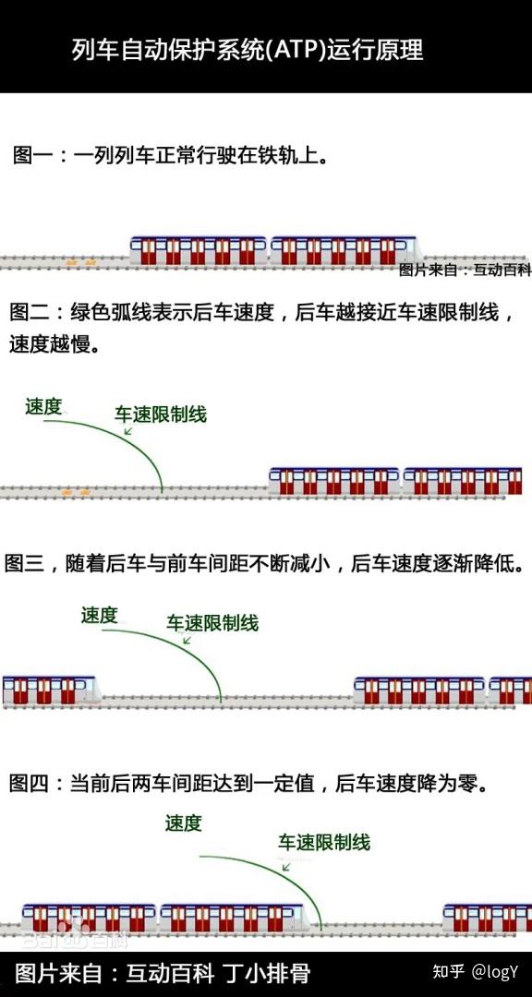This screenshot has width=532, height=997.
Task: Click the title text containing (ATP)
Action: [x=248, y=50]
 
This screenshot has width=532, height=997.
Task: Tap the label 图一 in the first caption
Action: [x=31, y=154]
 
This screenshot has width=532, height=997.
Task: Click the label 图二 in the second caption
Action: [x=31, y=312]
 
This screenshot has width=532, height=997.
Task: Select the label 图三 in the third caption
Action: [x=26, y=562]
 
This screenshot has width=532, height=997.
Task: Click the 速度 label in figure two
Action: [x=43, y=406]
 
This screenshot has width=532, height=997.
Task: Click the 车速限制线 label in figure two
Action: [x=161, y=414]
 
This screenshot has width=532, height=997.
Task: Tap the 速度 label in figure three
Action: [x=99, y=615]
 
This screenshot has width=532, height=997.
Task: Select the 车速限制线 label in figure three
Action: [x=212, y=623]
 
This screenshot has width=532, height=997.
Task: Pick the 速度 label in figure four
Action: [x=183, y=823]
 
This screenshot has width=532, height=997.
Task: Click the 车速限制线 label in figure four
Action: [x=324, y=842]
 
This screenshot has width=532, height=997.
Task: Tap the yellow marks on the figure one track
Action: [x=74, y=263]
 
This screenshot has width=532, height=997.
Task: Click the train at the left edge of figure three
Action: [x=46, y=690]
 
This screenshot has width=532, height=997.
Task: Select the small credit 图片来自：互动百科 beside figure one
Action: [x=465, y=270]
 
